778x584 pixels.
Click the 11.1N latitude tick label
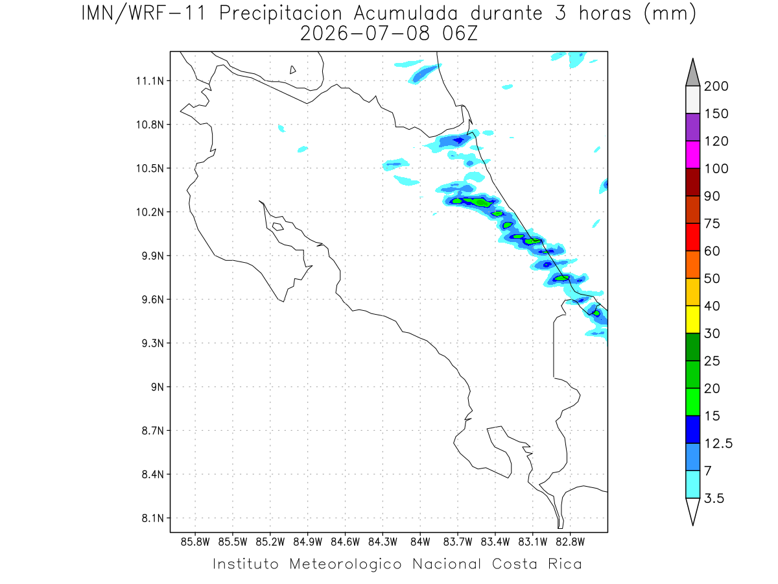(150, 81)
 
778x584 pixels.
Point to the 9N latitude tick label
(158, 387)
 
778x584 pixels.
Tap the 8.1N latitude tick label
(153, 518)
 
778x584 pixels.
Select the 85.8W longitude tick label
(195, 542)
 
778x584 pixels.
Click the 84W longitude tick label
(420, 542)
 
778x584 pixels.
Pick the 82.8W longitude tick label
(571, 542)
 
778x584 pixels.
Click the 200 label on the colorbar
(716, 86)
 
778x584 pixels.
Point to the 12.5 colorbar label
(718, 444)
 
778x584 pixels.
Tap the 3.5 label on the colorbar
(714, 498)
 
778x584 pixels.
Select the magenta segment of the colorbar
(692, 154)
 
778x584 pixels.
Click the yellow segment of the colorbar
(692, 319)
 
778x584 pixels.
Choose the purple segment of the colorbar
(692, 127)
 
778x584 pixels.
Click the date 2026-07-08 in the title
(365, 34)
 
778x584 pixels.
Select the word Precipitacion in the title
(281, 14)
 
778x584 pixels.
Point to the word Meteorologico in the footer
(346, 564)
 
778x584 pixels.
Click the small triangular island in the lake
(292, 70)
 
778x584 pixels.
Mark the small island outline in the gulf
(278, 226)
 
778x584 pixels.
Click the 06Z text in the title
(460, 34)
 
